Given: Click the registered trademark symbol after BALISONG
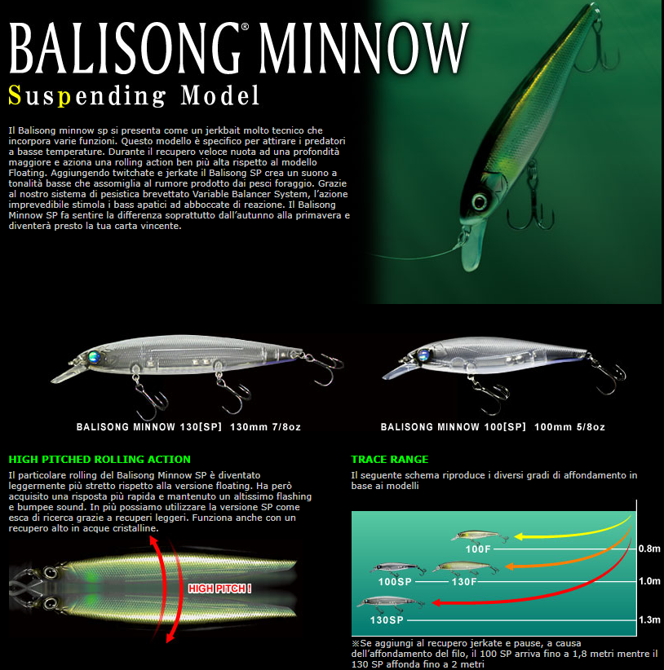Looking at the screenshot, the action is [245, 27].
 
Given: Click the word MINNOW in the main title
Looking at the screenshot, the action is [365, 48].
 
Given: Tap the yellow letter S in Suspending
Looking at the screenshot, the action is [15, 95].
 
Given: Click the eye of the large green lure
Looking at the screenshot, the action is [479, 201].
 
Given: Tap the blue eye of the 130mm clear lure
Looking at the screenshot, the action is [94, 356].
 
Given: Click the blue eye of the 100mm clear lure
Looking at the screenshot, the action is [424, 355].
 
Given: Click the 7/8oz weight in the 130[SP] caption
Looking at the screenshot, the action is [286, 427].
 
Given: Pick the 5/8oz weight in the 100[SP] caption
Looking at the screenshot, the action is [591, 427].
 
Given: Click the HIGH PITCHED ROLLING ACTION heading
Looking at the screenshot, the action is [100, 460].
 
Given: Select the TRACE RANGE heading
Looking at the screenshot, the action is [389, 460].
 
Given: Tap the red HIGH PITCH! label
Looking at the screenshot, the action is [219, 588].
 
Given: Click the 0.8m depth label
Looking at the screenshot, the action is [649, 549].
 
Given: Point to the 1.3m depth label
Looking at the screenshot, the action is [649, 619].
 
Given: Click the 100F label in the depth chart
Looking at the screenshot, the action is [478, 549].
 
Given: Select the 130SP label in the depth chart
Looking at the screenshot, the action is [387, 620].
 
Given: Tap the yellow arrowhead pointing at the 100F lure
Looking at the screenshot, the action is [519, 536].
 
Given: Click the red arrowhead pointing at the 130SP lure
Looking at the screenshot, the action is [436, 602].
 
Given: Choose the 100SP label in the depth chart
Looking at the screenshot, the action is [395, 581].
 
